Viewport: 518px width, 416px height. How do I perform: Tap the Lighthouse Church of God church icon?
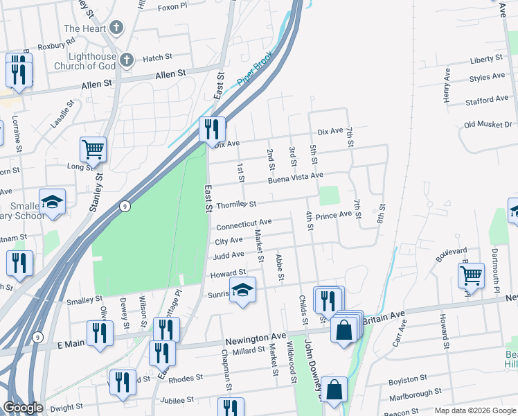click(125, 60)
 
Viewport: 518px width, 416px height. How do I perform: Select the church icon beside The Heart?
click(116, 28)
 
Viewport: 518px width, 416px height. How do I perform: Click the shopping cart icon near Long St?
click(93, 148)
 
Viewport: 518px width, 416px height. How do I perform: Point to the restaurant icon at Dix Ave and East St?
click(212, 129)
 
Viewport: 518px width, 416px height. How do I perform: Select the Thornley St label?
click(236, 205)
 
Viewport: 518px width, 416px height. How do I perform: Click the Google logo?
click(23, 408)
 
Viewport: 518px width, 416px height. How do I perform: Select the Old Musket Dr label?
click(488, 124)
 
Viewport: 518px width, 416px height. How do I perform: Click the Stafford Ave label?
click(487, 99)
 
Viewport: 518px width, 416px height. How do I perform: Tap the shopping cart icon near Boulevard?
click(470, 275)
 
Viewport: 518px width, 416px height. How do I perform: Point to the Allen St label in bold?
click(171, 73)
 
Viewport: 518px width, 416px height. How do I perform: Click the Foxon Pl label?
click(172, 6)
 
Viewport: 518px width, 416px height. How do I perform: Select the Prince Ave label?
click(334, 216)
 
